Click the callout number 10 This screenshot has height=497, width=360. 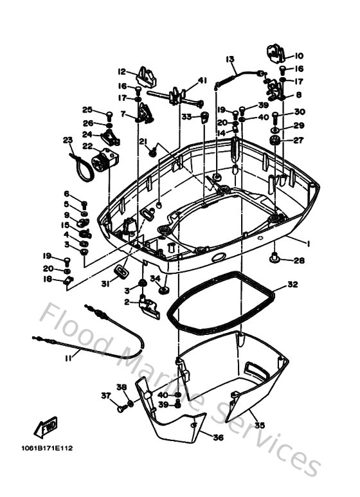300,56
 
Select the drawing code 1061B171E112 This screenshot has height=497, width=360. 48,448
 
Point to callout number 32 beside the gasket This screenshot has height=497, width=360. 292,284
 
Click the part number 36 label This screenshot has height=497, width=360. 218,438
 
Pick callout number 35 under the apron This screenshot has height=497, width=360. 259,425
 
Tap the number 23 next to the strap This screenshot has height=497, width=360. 67,140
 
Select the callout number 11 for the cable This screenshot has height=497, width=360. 67,358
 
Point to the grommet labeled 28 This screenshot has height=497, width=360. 274,258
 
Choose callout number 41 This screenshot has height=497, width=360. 203,80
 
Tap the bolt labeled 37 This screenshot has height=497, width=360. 121,408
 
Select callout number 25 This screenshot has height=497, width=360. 87,109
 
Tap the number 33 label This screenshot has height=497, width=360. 186,116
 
